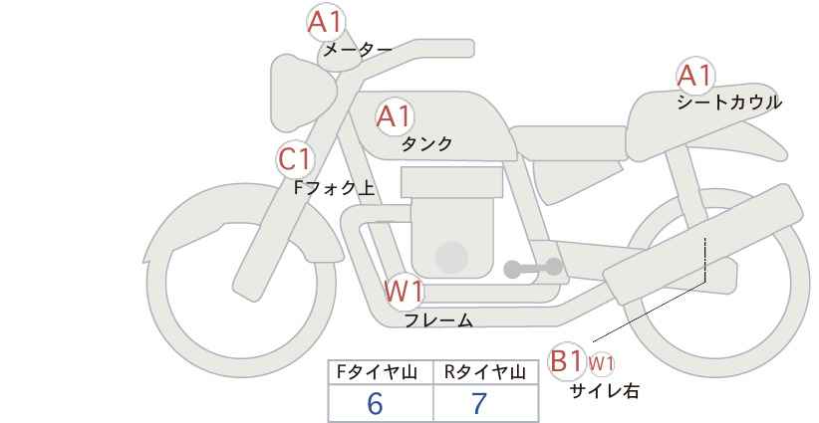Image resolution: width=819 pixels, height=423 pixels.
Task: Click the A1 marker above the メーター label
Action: pyautogui.click(x=326, y=23)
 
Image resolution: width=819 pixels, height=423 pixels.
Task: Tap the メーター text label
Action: pyautogui.click(x=358, y=50)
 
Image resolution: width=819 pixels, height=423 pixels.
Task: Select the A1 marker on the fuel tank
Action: pyautogui.click(x=395, y=116)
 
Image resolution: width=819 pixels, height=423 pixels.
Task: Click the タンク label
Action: pyautogui.click(x=426, y=143)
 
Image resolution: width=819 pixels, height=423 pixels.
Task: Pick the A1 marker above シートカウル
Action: pyautogui.click(x=695, y=76)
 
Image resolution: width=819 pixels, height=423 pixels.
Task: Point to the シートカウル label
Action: pyautogui.click(x=729, y=102)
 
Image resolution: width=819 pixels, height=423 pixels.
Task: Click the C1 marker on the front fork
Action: pyautogui.click(x=296, y=159)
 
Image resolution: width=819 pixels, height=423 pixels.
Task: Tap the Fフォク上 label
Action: pyautogui.click(x=335, y=187)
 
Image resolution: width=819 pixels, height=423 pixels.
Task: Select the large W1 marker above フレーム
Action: pyautogui.click(x=404, y=291)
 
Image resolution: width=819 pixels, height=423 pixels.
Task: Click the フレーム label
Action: pyautogui.click(x=438, y=319)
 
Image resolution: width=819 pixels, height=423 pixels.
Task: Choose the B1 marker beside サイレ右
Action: pyautogui.click(x=566, y=361)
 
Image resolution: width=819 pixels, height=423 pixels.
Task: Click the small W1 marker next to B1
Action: pyautogui.click(x=601, y=363)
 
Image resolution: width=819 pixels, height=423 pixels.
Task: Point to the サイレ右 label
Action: pyautogui.click(x=605, y=391)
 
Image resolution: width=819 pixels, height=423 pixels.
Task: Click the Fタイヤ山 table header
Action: pyautogui.click(x=377, y=372)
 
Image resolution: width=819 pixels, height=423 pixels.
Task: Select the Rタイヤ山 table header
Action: pyautogui.click(x=485, y=372)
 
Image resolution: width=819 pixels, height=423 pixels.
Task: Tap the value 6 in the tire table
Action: pyautogui.click(x=375, y=403)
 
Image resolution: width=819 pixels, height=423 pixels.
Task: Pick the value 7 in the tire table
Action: pyautogui.click(x=479, y=403)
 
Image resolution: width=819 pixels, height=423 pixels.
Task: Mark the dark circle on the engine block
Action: pyautogui.click(x=451, y=258)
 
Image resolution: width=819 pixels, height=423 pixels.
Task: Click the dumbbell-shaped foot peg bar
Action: pyautogui.click(x=533, y=268)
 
